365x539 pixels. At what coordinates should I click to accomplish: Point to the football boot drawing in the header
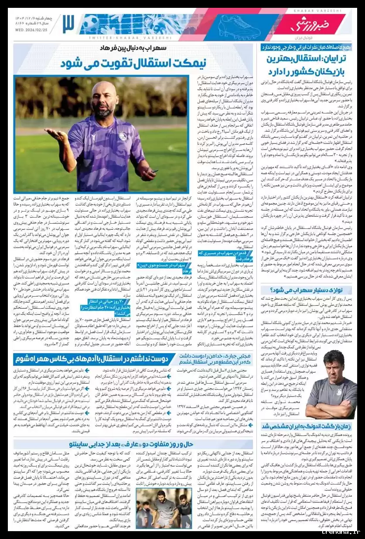tap(239, 26)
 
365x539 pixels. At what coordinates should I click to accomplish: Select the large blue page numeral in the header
tap(68, 24)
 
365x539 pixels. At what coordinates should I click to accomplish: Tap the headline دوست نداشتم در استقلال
tap(96, 358)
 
